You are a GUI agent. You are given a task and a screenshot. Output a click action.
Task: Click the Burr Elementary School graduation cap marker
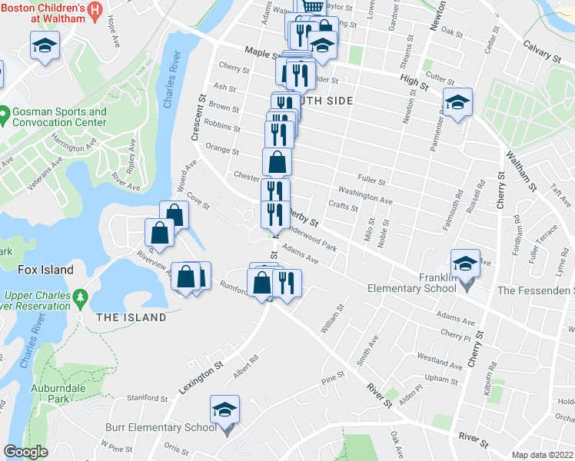click(x=225, y=410)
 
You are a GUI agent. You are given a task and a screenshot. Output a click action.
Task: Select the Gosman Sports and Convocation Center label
click(x=59, y=117)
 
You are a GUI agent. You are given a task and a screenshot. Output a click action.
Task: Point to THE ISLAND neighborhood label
click(x=131, y=317)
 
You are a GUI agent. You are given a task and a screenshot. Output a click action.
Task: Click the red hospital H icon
click(x=95, y=10)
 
